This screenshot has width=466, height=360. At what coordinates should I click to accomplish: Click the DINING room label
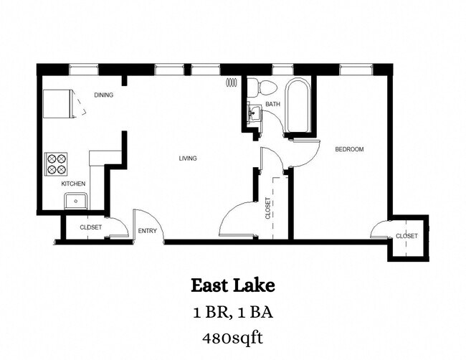[x=103, y=95]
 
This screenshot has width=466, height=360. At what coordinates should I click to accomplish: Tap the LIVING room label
[x=188, y=158]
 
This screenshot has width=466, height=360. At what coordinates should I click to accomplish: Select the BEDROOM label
[x=350, y=149]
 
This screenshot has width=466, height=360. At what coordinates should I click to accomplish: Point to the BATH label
[x=272, y=105]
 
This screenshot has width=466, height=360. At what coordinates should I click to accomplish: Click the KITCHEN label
[x=73, y=184]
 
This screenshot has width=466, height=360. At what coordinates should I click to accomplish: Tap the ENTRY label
[x=147, y=230]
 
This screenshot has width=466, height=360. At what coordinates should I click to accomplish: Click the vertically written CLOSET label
[x=268, y=209]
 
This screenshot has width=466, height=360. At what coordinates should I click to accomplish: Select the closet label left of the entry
[x=90, y=227]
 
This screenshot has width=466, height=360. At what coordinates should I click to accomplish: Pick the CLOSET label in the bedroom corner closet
[x=406, y=236]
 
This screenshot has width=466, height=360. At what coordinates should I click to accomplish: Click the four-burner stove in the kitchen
[x=57, y=164]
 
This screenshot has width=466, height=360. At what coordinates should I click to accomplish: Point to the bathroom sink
[x=252, y=112]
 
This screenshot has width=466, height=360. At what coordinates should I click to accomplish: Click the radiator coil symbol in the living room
[x=232, y=82]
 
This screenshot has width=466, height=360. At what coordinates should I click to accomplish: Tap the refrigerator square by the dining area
[x=57, y=104]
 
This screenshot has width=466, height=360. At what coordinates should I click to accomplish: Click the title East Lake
[x=232, y=285]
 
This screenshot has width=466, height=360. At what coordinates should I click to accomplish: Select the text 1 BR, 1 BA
[x=232, y=313]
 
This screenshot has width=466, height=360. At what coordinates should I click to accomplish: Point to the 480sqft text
[x=232, y=337]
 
